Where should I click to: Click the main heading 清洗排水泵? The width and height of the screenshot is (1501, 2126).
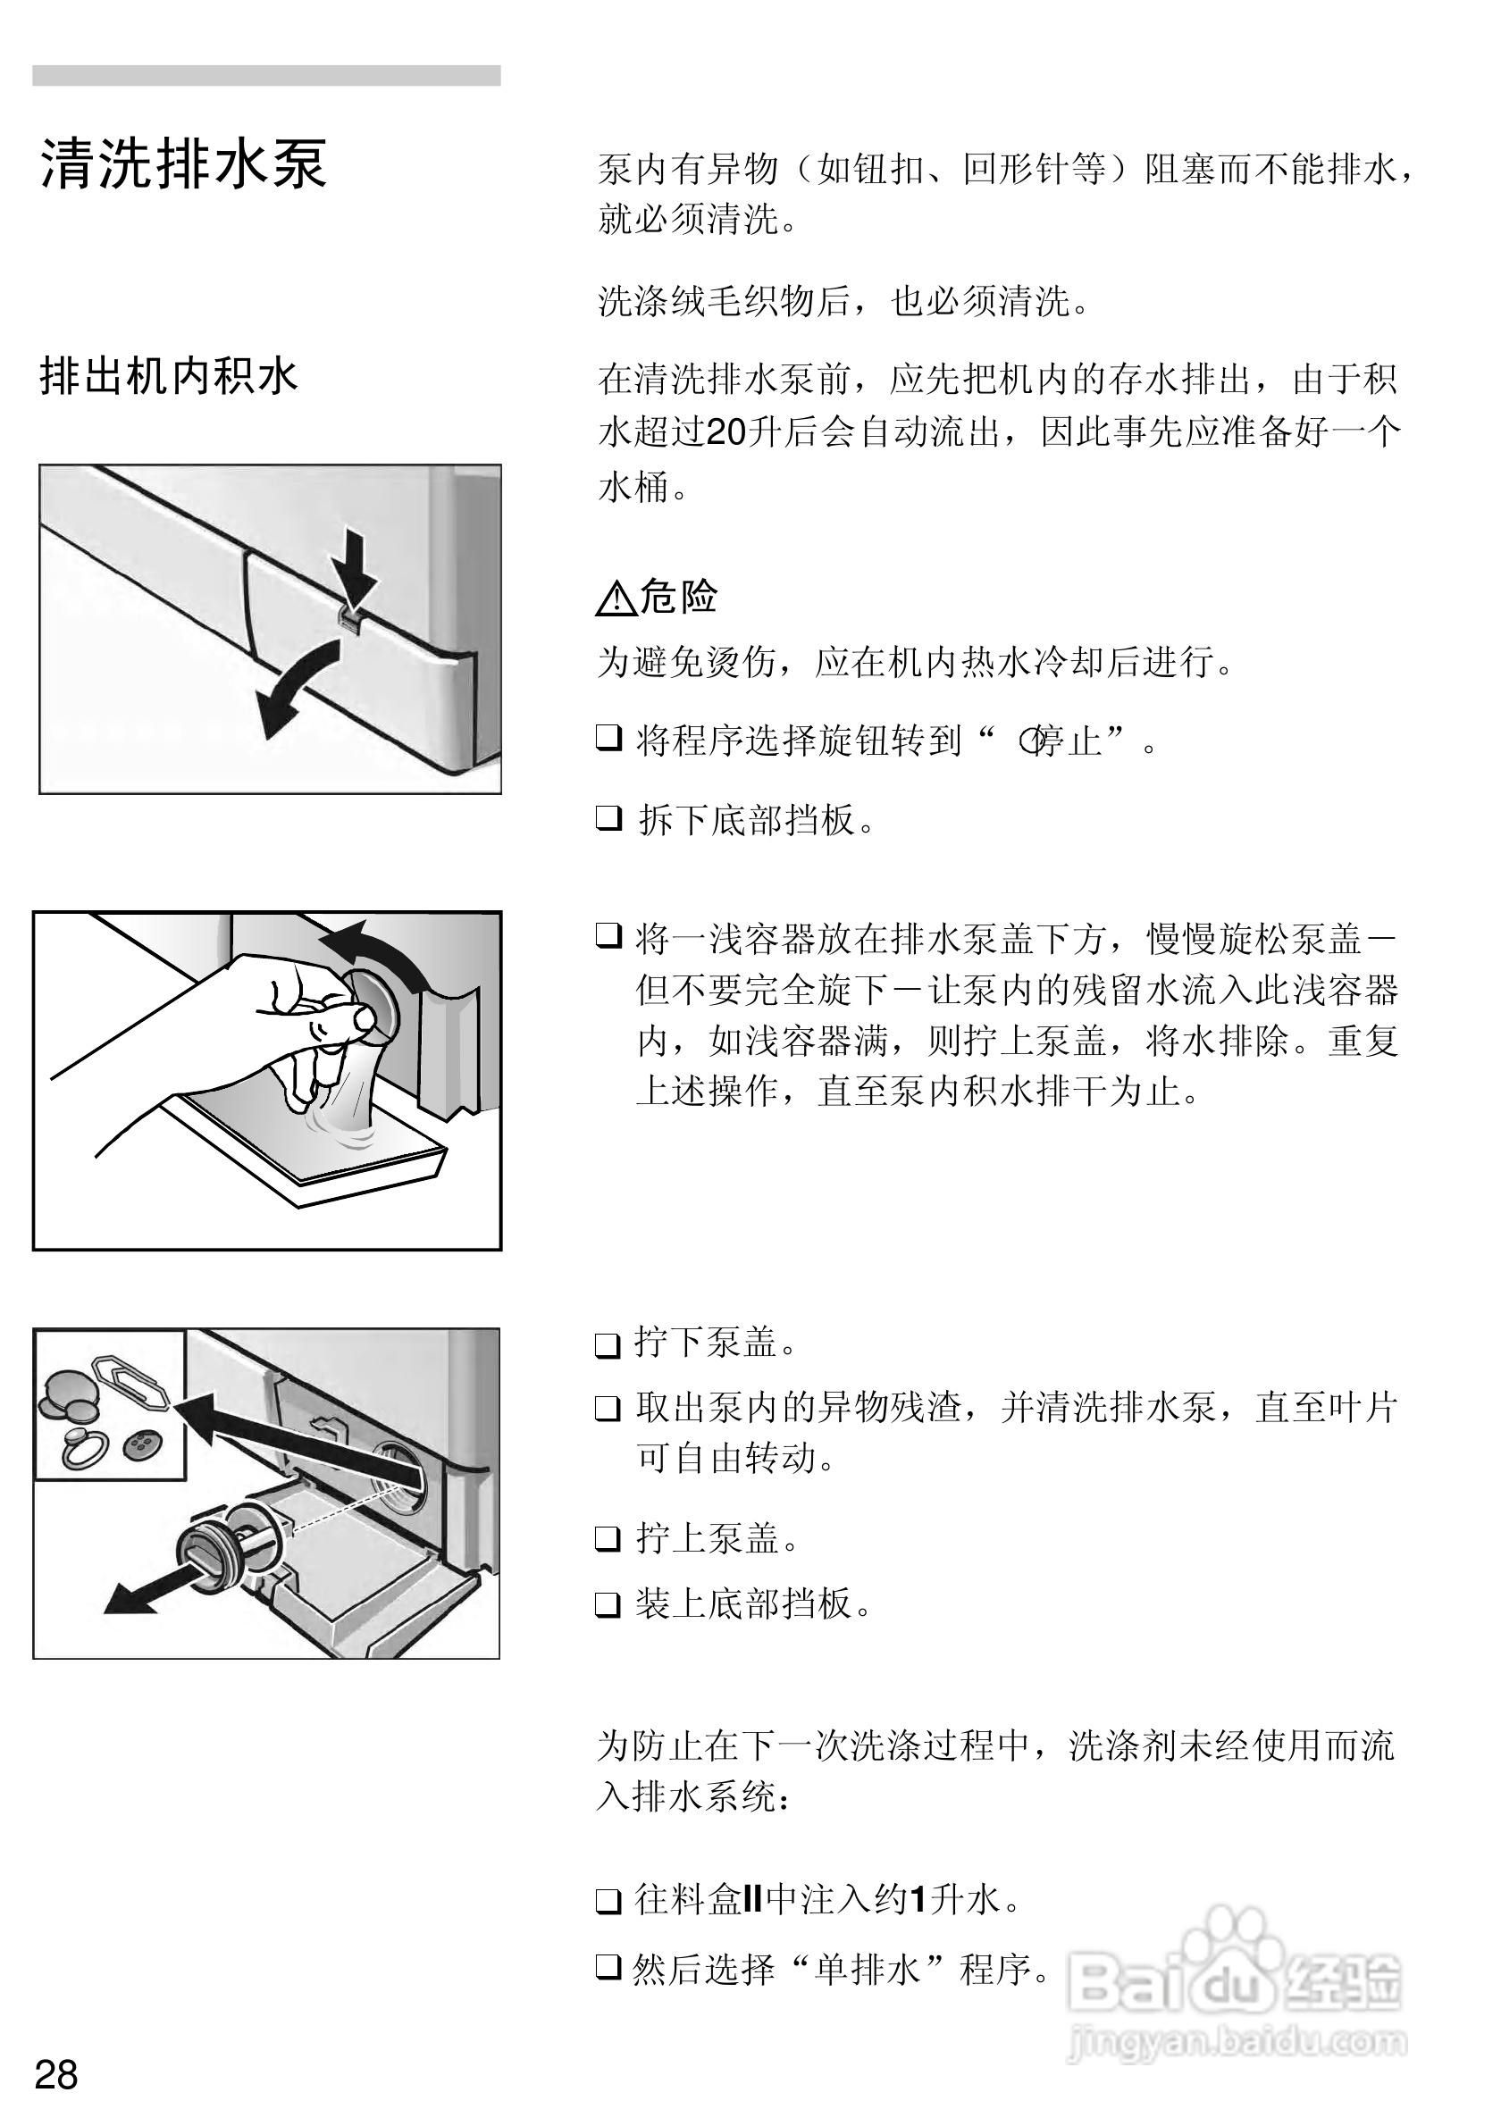182,165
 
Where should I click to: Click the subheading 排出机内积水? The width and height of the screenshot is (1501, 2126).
168,377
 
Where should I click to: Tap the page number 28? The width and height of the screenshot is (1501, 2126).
55,2075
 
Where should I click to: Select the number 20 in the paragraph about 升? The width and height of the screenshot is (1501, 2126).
725,432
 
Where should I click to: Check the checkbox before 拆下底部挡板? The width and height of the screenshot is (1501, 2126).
608,818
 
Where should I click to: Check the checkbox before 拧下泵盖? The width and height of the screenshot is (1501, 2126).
608,1344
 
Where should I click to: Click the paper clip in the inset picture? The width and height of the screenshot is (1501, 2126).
130,1381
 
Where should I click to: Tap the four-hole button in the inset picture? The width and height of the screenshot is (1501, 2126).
142,1443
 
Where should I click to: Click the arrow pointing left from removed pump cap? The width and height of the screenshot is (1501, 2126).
138,1594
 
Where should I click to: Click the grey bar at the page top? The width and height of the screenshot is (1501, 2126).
266,76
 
